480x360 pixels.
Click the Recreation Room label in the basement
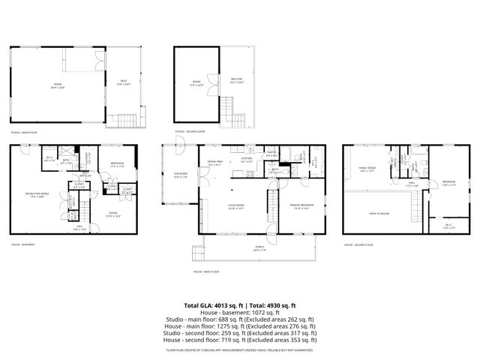tap(33, 194)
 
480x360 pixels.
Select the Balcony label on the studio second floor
tap(236, 81)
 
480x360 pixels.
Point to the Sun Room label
tap(180, 177)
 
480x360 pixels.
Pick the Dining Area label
tap(214, 163)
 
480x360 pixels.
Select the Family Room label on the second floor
tap(367, 169)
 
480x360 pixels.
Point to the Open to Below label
tap(379, 213)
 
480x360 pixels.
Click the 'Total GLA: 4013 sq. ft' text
tap(211, 305)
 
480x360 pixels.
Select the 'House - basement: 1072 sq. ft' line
tap(240, 312)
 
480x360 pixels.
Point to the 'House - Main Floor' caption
tap(206, 271)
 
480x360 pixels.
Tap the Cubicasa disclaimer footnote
tap(240, 349)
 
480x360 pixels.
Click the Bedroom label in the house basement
tap(118, 164)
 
